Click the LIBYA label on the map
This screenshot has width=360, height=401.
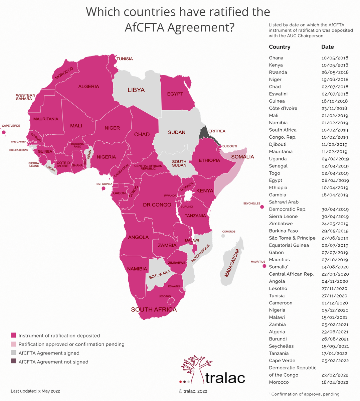coord(136,90)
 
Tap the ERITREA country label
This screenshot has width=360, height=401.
coord(217,131)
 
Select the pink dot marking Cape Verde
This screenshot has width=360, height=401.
coord(4,133)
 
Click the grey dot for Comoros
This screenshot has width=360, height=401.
coord(223,236)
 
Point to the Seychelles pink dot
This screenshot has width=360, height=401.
coord(262,207)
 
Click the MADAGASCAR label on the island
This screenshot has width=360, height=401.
coord(232,263)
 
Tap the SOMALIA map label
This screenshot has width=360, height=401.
coord(242,157)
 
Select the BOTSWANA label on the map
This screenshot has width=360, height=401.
coord(159,275)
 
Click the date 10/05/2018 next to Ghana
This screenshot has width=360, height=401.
coord(335,58)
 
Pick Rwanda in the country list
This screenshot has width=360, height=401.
coord(278,72)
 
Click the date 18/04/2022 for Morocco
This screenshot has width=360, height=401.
coord(335,382)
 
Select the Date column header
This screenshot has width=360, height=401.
coord(327,47)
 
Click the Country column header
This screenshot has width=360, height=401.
coord(280,47)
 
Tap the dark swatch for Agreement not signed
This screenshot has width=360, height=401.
coord(13,361)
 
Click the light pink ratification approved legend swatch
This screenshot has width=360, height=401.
coord(13,344)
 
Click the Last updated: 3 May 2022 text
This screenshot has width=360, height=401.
coord(35,391)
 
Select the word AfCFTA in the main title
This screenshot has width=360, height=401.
coord(145,27)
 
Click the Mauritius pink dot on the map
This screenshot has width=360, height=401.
coord(264,266)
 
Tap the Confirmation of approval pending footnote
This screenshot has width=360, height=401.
coord(305,394)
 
